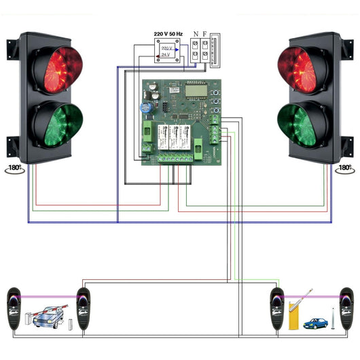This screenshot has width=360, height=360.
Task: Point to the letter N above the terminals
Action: pos(196,33)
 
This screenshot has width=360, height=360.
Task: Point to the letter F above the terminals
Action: pos(206,33)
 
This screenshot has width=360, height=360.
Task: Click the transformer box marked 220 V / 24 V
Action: pos(166,51)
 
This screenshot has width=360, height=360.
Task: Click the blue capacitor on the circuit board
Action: pos(146,107)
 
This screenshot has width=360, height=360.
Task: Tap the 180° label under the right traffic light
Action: pos(344,167)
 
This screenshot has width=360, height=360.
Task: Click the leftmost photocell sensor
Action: pos(14,308)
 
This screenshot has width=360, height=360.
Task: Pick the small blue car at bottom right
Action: pos(314,323)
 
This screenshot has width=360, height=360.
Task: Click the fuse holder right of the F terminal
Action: pos(215,50)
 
